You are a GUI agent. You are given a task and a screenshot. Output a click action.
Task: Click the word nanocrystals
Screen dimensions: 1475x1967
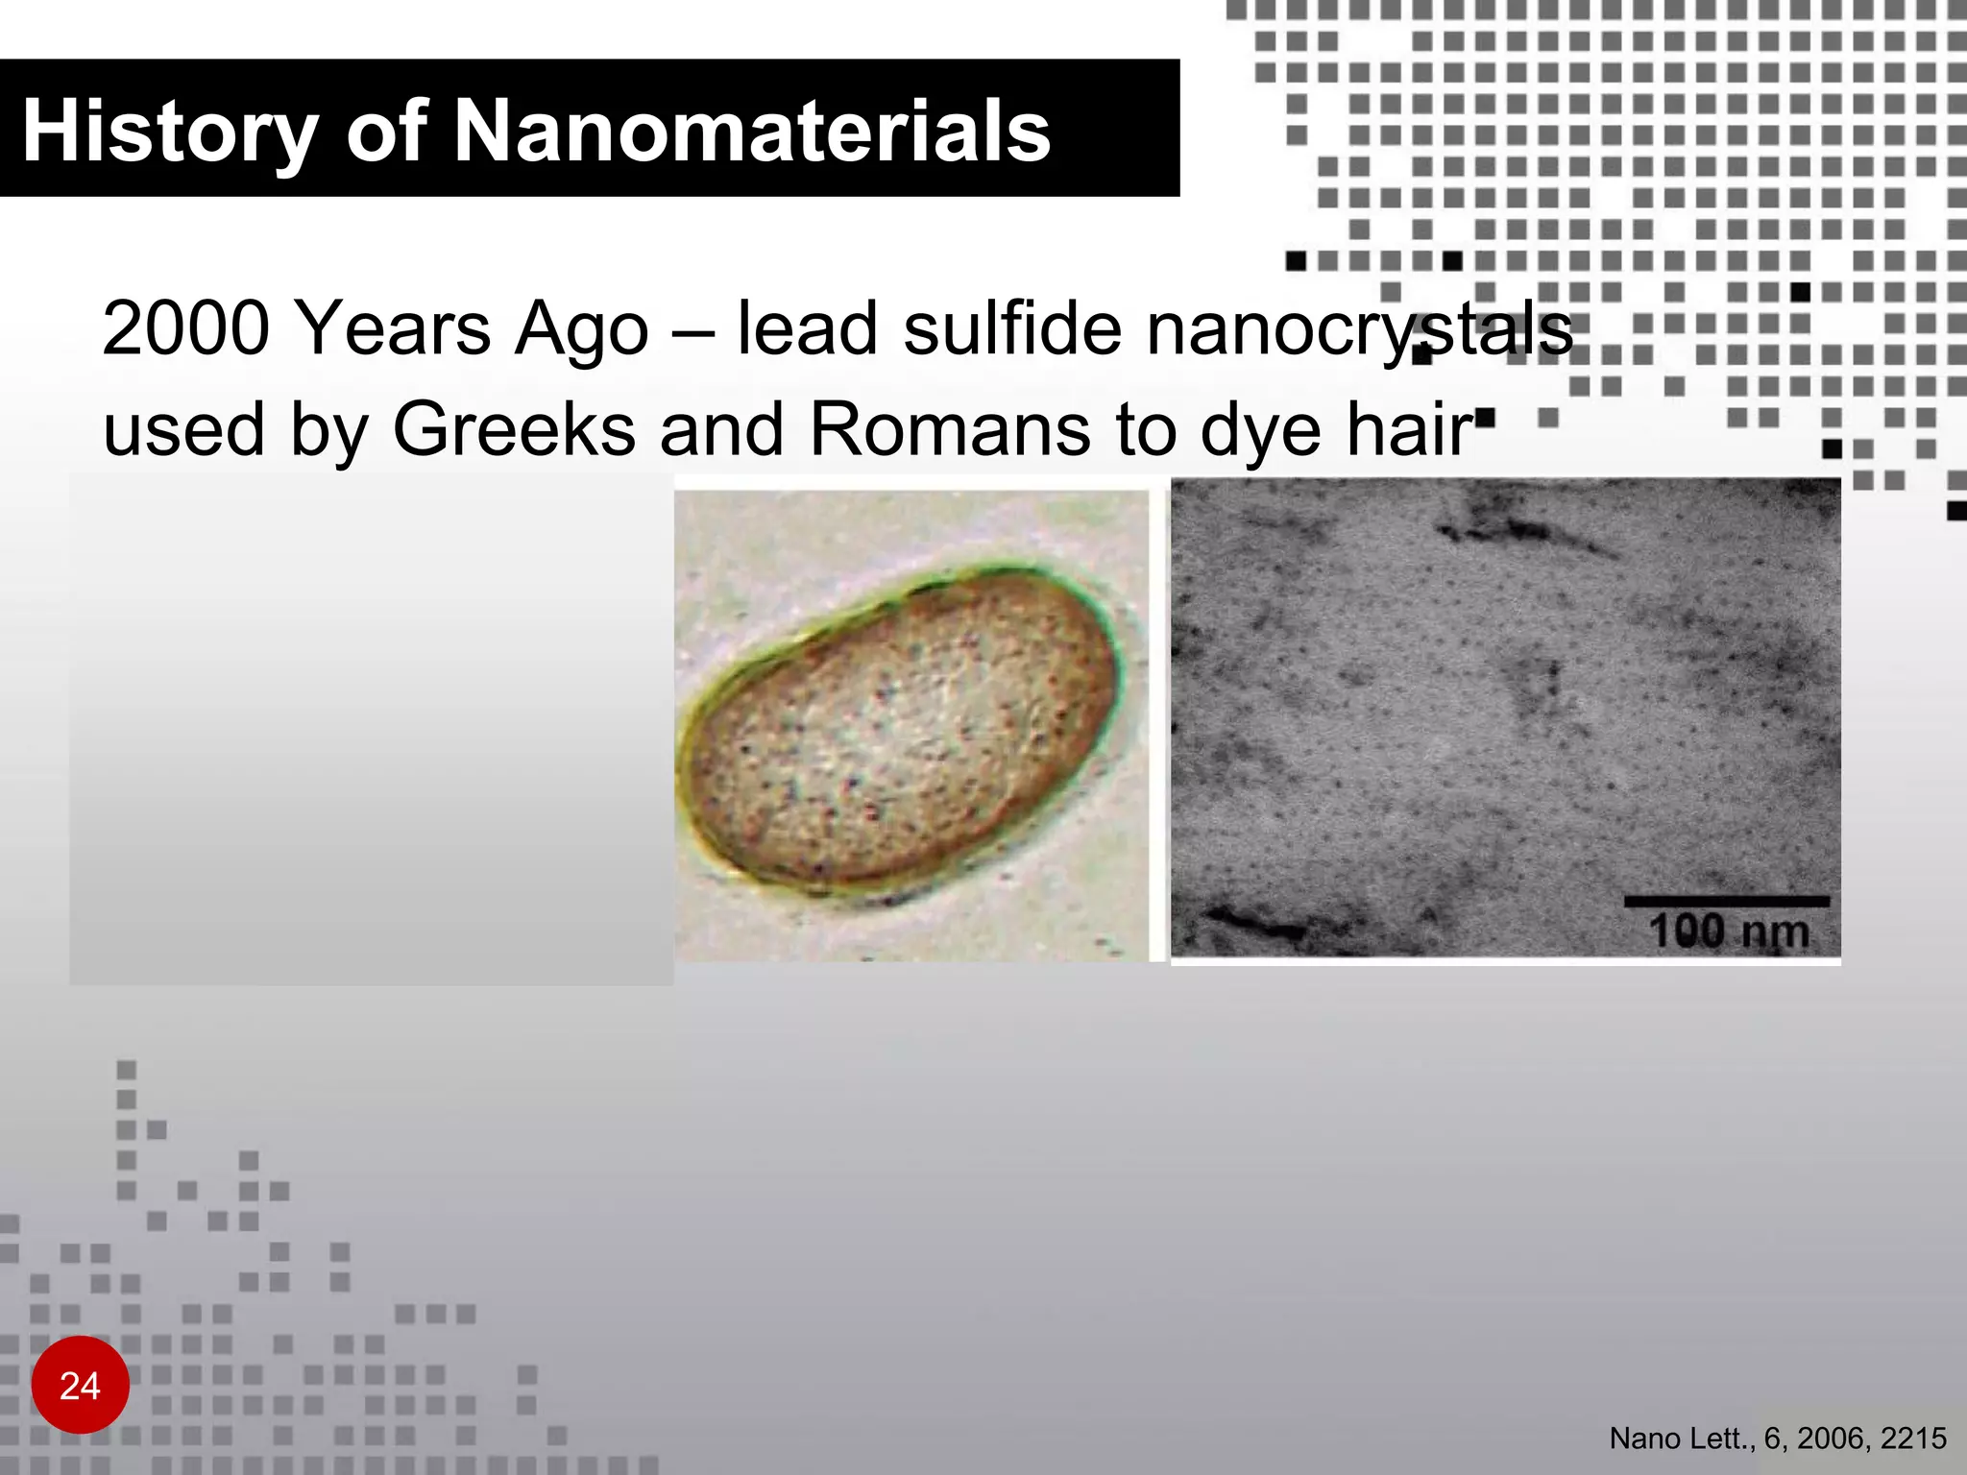(x=1359, y=329)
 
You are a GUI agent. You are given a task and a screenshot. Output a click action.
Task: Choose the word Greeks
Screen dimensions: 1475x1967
(x=514, y=429)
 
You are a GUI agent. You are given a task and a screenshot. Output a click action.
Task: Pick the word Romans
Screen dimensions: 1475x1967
(x=950, y=429)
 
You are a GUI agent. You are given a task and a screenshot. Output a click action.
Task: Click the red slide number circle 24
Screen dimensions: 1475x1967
(x=80, y=1385)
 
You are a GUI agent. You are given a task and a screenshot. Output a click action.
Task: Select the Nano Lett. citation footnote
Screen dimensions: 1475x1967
(x=1777, y=1439)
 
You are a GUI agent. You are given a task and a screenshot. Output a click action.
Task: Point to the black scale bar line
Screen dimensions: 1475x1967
(x=1726, y=901)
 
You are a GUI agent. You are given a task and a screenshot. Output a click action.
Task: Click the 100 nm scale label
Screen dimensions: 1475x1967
(x=1728, y=931)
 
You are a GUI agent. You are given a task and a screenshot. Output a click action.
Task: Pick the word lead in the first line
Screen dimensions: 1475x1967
(x=807, y=329)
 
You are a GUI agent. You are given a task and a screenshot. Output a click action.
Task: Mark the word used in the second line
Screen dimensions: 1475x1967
(x=183, y=429)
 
